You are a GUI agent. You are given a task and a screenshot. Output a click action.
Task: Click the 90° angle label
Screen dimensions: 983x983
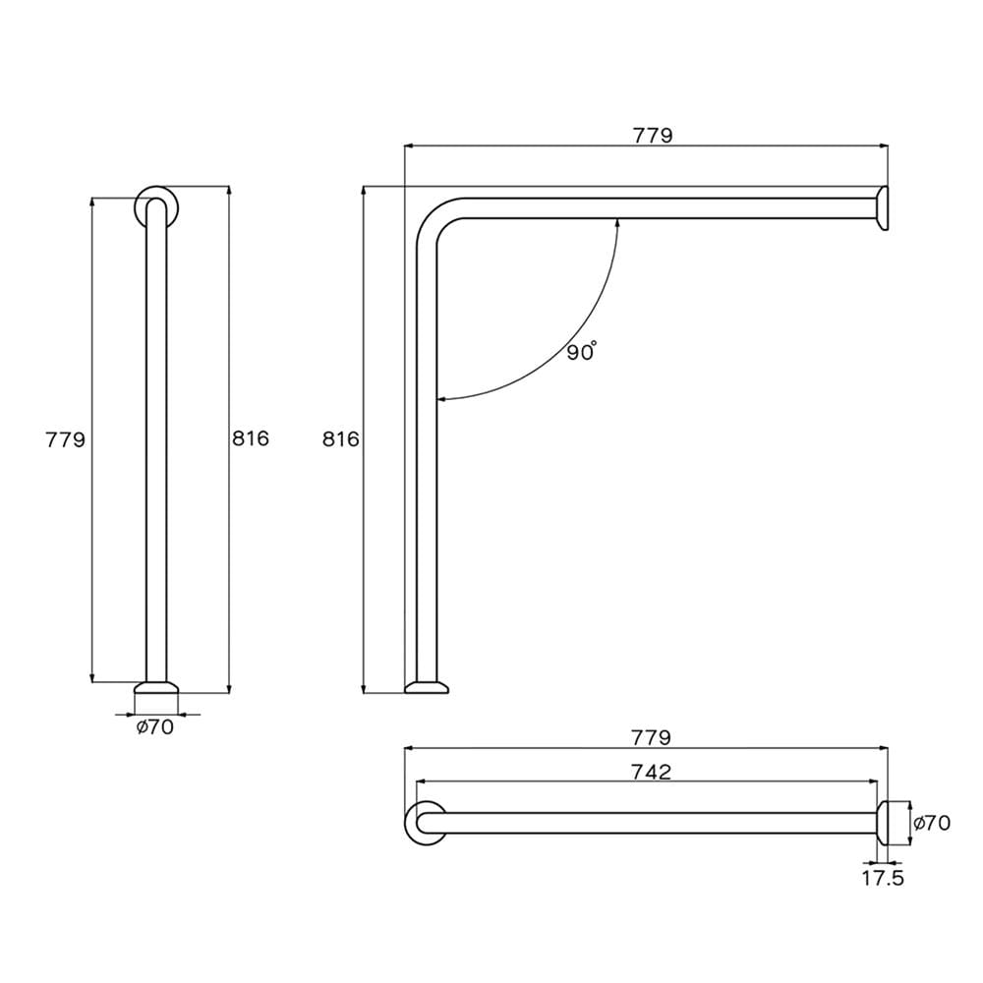582,352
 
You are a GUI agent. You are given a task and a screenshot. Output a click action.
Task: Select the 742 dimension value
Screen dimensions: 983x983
651,771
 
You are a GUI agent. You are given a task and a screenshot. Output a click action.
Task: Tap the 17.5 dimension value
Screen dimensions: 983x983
883,878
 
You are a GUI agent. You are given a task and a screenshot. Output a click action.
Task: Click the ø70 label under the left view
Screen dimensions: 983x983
155,726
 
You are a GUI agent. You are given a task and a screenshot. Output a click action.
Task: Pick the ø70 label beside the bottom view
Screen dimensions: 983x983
932,823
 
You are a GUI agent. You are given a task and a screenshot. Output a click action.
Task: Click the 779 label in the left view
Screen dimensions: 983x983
65,439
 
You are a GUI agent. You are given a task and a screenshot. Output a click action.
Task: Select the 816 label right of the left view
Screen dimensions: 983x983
250,438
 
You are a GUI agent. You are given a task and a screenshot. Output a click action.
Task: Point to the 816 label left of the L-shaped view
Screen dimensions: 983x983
340,438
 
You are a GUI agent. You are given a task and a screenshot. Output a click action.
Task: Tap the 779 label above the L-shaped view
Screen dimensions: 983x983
652,135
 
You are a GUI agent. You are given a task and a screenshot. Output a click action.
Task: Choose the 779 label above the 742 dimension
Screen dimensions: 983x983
651,737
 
